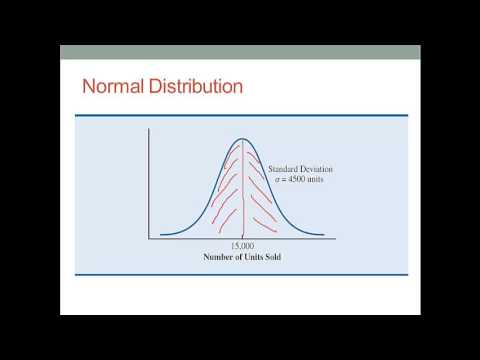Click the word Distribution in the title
click(x=191, y=86)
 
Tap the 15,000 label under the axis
click(x=242, y=245)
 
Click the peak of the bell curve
click(x=242, y=138)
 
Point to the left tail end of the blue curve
click(x=161, y=235)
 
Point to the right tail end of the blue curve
click(x=323, y=235)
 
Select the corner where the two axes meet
click(x=149, y=238)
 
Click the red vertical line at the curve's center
click(x=242, y=190)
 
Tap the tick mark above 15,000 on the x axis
click(x=242, y=237)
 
